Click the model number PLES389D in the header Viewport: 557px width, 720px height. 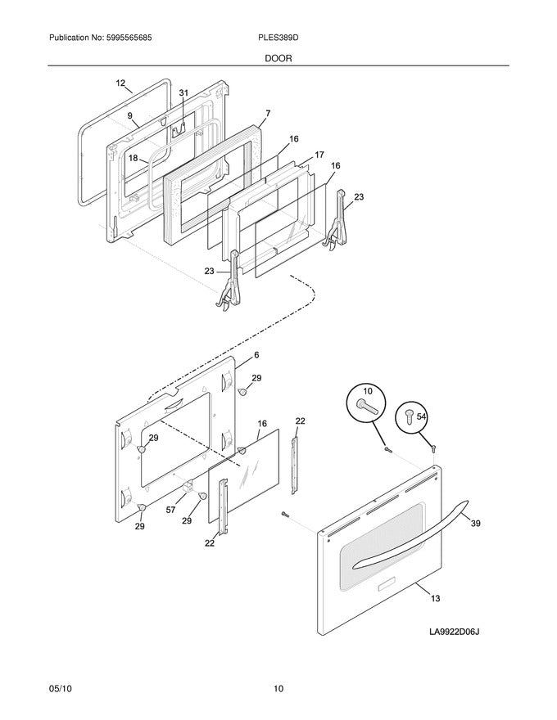coord(278,38)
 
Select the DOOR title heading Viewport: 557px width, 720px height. coord(278,59)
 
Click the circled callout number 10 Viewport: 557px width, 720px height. coord(367,392)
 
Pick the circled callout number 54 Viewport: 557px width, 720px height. coord(422,416)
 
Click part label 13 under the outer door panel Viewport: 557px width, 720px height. coord(435,599)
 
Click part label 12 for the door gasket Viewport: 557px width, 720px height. coord(121,83)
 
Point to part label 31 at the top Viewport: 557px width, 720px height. coord(183,93)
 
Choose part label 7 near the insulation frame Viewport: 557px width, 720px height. coord(267,113)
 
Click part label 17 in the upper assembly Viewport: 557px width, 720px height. coord(319,154)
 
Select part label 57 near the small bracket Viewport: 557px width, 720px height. coord(170,510)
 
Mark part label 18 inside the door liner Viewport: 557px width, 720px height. coord(133,159)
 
